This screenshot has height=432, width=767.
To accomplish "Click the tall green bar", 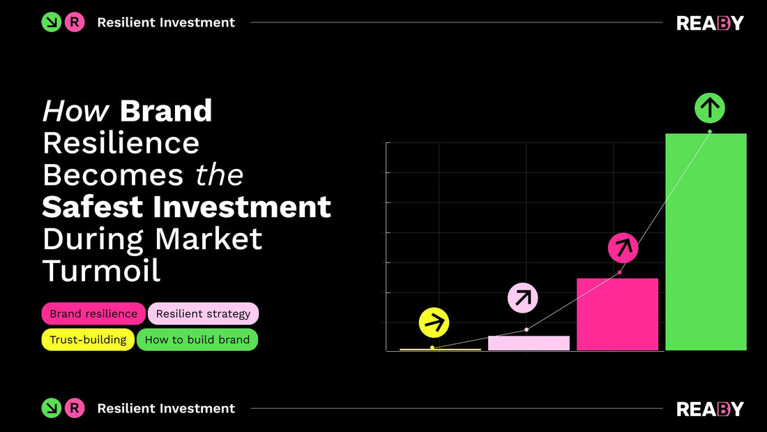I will (x=706, y=241).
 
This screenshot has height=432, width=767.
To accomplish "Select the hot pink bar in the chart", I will (x=618, y=314).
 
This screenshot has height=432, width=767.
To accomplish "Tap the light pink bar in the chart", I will (x=529, y=343).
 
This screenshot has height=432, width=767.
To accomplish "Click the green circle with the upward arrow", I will (x=710, y=108).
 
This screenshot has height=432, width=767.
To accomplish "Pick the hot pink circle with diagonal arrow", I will (x=623, y=247).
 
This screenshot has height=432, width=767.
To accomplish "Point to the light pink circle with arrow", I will (x=522, y=298).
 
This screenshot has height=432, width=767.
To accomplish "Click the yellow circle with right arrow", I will (x=434, y=322).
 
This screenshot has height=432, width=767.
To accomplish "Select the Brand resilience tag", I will (x=93, y=314).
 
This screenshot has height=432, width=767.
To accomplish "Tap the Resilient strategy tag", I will (x=203, y=314).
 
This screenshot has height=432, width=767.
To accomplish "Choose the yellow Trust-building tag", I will (x=88, y=340).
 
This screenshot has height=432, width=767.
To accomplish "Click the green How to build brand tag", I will (x=197, y=340).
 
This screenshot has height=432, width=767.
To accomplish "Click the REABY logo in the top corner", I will (x=710, y=23).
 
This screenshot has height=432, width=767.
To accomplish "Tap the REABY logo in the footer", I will (x=710, y=409).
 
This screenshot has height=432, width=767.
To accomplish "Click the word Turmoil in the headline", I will (x=102, y=271).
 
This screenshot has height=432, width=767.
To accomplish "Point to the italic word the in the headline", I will (x=220, y=174).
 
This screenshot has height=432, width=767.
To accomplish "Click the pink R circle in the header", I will (x=75, y=22).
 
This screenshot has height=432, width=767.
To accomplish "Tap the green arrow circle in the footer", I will (x=52, y=408).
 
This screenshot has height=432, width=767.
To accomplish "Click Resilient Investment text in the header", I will (x=166, y=22).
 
